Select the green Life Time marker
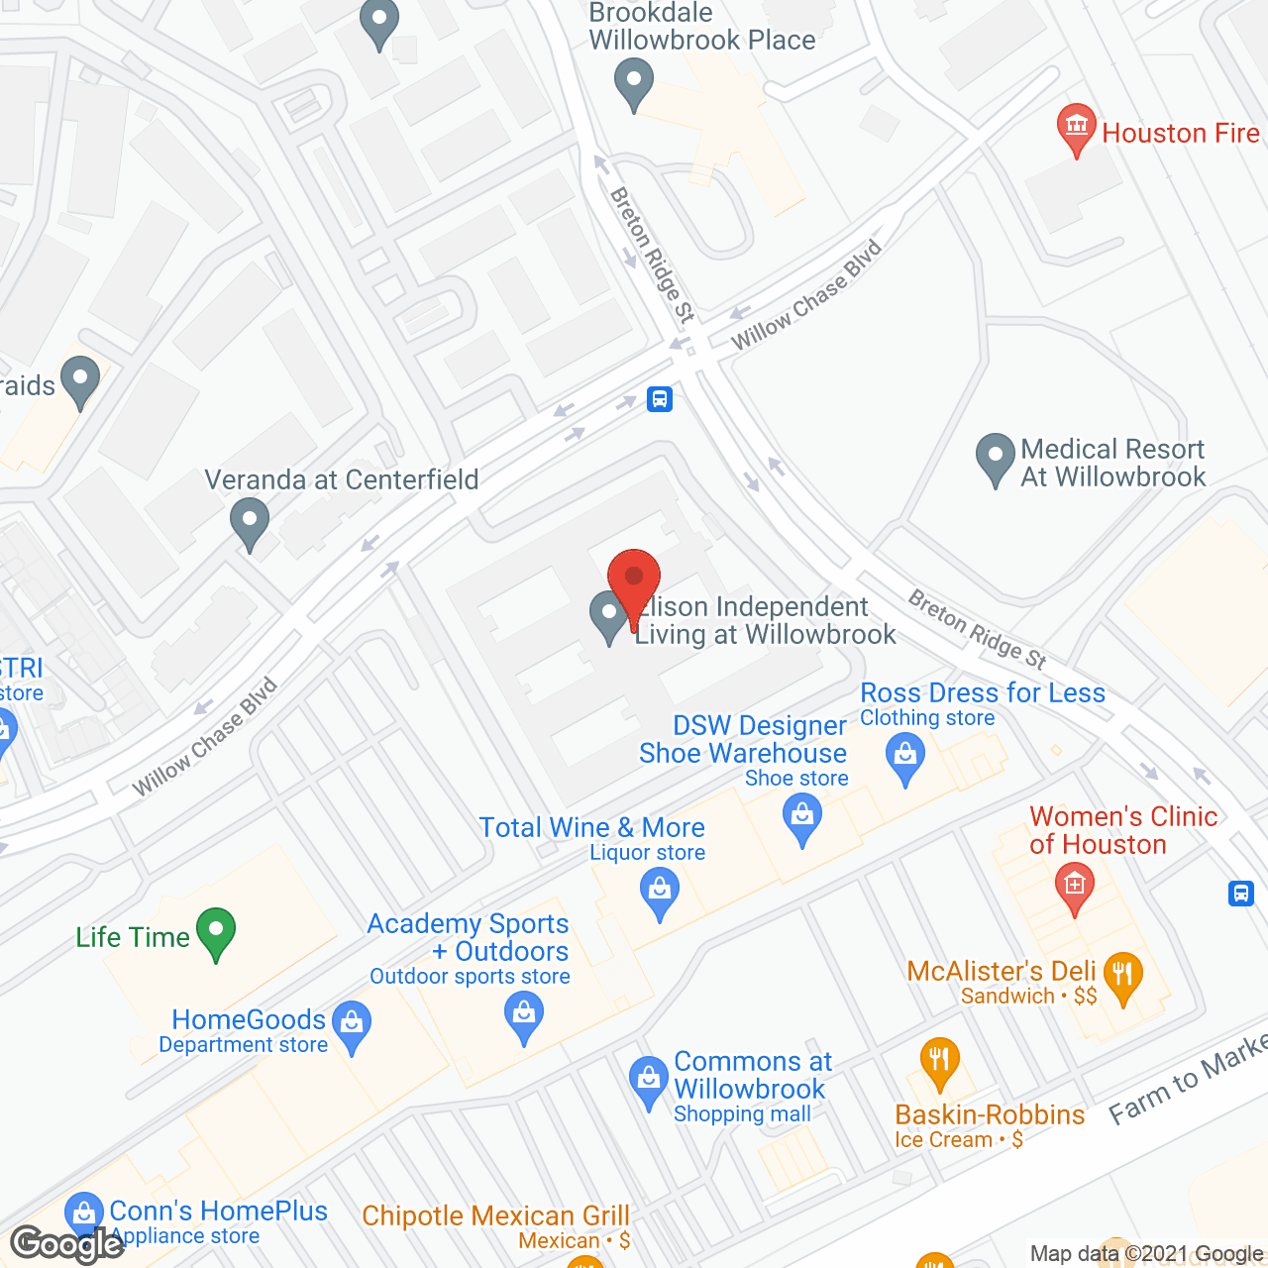(215, 932)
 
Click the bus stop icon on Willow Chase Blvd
(660, 399)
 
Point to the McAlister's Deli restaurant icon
(1122, 976)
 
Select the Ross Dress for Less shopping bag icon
(905, 757)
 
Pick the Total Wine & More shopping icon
(660, 891)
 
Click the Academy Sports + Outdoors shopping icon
(524, 1015)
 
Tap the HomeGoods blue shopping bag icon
(352, 1024)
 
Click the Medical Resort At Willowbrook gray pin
(995, 457)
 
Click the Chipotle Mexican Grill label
(495, 1216)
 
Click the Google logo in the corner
(67, 1244)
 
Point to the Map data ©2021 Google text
(1147, 1254)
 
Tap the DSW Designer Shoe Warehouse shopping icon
(802, 819)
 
